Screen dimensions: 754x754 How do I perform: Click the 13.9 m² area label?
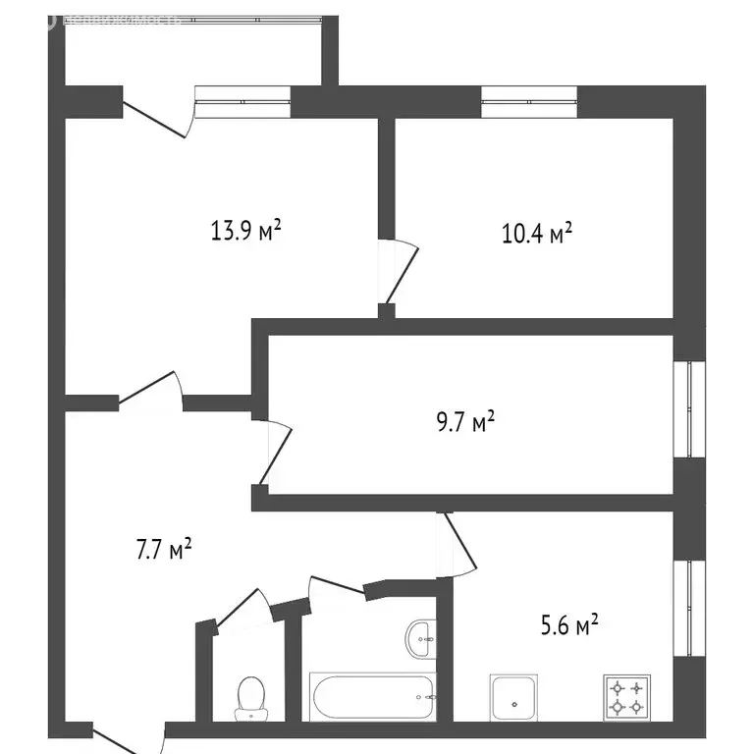pyautogui.click(x=245, y=232)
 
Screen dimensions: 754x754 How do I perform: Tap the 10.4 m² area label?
pyautogui.click(x=536, y=234)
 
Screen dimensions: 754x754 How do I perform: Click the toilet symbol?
pyautogui.click(x=249, y=696)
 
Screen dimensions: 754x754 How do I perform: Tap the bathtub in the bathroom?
pyautogui.click(x=373, y=696)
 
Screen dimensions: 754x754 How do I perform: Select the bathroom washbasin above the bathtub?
pyautogui.click(x=419, y=639)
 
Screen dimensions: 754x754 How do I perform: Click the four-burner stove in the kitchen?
pyautogui.click(x=627, y=696)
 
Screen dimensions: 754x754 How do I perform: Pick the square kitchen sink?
pyautogui.click(x=513, y=698)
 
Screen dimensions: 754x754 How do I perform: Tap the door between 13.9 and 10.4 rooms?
pyautogui.click(x=400, y=270)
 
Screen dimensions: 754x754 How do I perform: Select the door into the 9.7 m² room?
pyautogui.click(x=274, y=452)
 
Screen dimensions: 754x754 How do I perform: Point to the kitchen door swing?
pyautogui.click(x=458, y=546)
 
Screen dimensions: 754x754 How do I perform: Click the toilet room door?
pyautogui.click(x=241, y=610)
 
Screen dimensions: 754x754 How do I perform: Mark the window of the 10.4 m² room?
pyautogui.click(x=528, y=101)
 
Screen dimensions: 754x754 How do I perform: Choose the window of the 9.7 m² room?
pyautogui.click(x=695, y=408)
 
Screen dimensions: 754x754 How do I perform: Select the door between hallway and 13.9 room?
pyautogui.click(x=152, y=390)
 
